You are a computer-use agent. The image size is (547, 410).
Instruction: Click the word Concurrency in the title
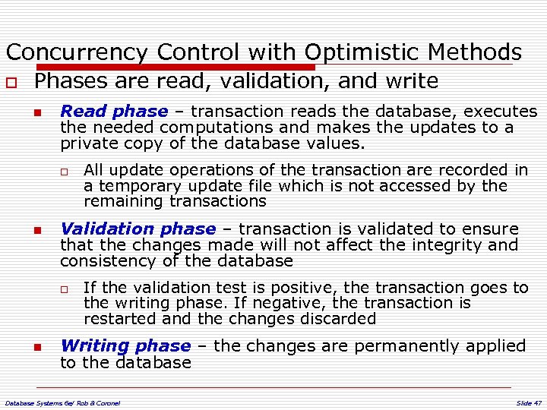click(76, 52)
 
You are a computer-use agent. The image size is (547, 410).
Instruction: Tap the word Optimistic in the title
click(362, 52)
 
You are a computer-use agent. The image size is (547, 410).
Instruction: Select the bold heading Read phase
click(114, 111)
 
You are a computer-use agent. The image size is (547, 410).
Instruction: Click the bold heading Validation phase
click(138, 229)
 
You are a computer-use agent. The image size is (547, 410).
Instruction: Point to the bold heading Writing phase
click(125, 345)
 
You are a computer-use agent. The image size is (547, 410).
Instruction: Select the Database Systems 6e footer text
click(62, 402)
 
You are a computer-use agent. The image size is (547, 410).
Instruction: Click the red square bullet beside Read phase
click(36, 112)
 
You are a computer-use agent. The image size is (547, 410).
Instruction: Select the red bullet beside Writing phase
click(36, 347)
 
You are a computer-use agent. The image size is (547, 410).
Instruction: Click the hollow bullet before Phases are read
click(11, 82)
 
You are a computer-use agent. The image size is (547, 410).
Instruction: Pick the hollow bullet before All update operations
click(66, 171)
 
